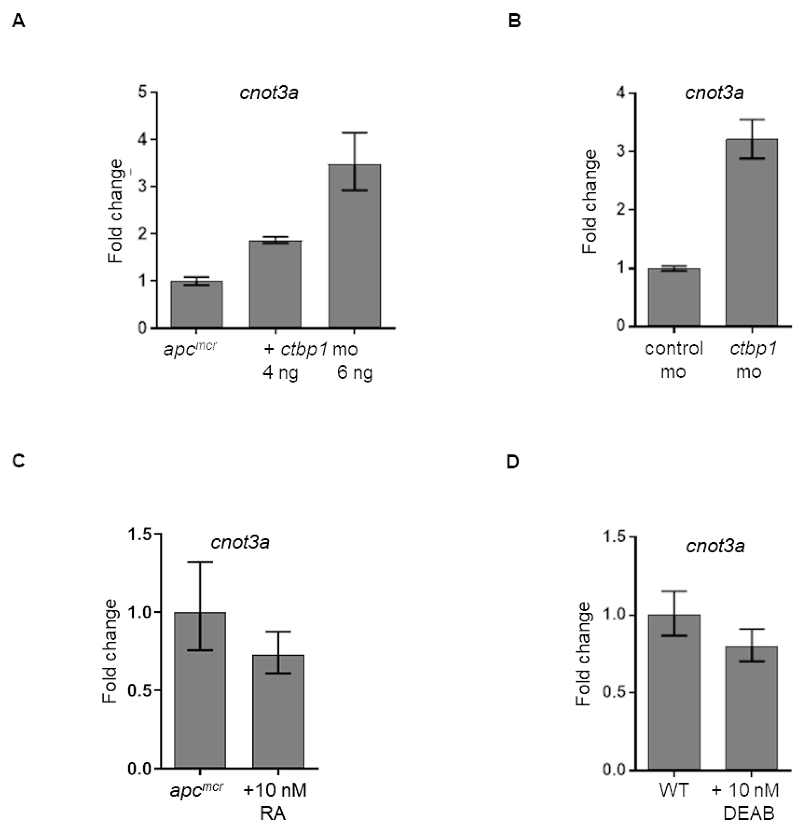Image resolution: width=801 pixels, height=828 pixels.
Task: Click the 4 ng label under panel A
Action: [x=280, y=373]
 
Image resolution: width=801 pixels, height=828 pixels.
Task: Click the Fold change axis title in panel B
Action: [x=590, y=202]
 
